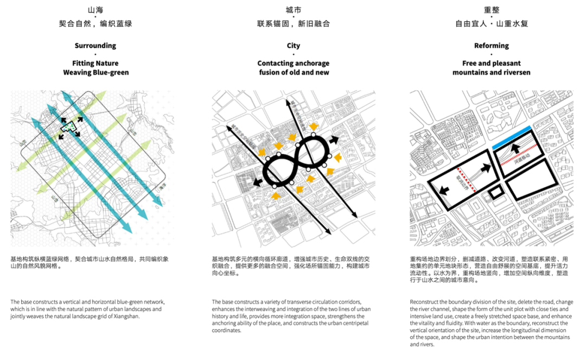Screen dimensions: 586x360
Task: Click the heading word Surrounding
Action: (x=95, y=46)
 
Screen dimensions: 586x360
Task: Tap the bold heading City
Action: (x=294, y=46)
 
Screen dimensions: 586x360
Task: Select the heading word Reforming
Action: (x=492, y=46)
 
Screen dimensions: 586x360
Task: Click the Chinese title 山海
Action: (x=95, y=10)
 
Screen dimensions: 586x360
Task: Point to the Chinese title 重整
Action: (x=492, y=10)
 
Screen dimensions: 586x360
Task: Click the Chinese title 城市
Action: (x=294, y=10)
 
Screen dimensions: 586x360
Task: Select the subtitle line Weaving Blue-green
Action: (x=95, y=72)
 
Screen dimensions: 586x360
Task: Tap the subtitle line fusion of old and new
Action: (x=294, y=72)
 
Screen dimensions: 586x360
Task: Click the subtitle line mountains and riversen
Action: (x=492, y=72)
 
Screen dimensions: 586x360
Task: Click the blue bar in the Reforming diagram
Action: (x=513, y=138)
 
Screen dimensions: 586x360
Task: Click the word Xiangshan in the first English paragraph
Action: (x=124, y=316)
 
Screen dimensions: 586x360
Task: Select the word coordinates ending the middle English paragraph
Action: (x=226, y=330)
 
